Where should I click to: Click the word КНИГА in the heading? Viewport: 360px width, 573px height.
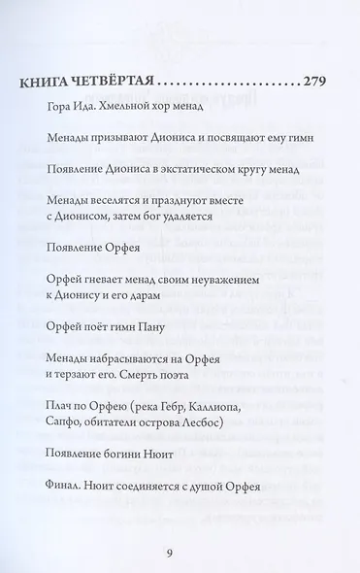[x=46, y=81]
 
